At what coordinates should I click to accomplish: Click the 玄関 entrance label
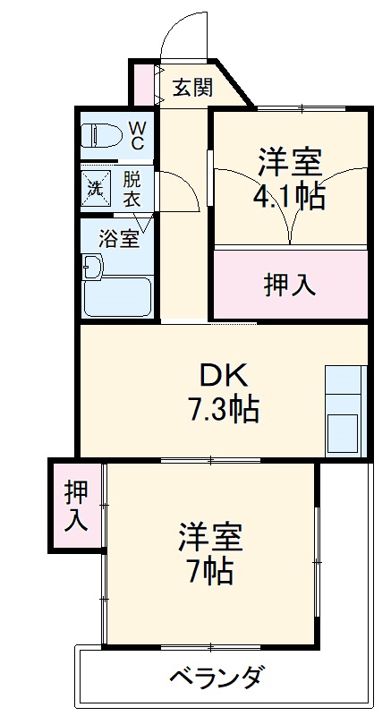pos(192,87)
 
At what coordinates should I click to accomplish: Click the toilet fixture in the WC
pos(100,135)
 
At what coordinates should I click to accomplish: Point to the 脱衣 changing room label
pos(132,188)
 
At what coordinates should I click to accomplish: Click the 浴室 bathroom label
pos(118,239)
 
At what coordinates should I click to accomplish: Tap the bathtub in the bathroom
pos(118,296)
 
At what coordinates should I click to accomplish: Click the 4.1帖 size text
pos(288,195)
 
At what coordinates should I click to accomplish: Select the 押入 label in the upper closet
pos(290,284)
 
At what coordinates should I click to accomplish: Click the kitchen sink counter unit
pos(344,410)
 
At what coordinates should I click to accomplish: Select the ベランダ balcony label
pos(216,677)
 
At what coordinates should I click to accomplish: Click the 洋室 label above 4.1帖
pos(289,162)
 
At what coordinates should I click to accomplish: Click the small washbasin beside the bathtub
pos(92,266)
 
